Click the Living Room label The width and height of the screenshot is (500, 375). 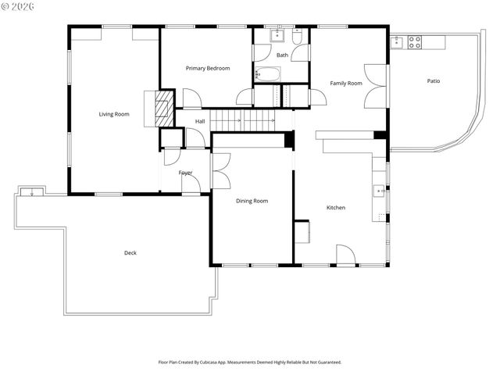pyautogui.click(x=114, y=114)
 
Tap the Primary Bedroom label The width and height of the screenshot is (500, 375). pyautogui.click(x=208, y=69)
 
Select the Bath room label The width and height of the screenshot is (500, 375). pyautogui.click(x=282, y=55)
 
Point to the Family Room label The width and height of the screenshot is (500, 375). pyautogui.click(x=346, y=83)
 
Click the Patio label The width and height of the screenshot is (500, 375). pyautogui.click(x=433, y=81)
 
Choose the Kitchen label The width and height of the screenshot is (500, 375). pyautogui.click(x=336, y=207)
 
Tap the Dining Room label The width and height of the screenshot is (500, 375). pyautogui.click(x=252, y=201)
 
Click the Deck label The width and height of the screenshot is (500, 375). pyautogui.click(x=130, y=252)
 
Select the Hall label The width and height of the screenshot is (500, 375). pyautogui.click(x=200, y=121)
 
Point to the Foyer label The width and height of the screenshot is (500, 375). pyautogui.click(x=185, y=173)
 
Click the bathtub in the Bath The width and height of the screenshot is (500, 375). pyautogui.click(x=269, y=75)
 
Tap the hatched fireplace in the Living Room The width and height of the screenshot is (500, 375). pyautogui.click(x=163, y=109)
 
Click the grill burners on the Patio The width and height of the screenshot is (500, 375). pyautogui.click(x=415, y=42)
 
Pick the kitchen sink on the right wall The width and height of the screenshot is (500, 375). pyautogui.click(x=379, y=189)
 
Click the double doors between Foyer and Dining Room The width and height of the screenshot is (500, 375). pyautogui.click(x=220, y=171)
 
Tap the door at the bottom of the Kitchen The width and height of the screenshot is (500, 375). pyautogui.click(x=345, y=255)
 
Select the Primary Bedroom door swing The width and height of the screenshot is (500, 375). pyautogui.click(x=191, y=98)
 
